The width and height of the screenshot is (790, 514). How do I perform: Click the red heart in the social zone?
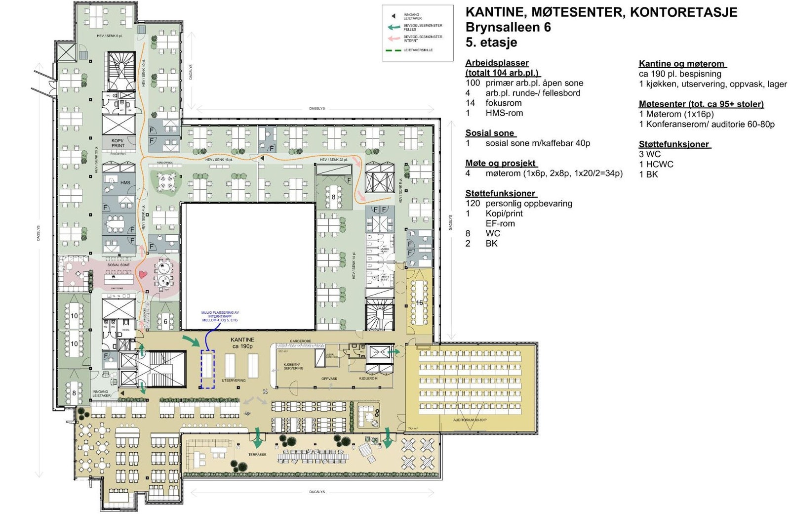(143, 274)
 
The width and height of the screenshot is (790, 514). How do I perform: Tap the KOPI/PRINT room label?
(118, 143)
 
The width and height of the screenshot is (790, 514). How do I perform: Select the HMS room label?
(125, 182)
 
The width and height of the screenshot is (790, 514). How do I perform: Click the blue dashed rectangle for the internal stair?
(207, 369)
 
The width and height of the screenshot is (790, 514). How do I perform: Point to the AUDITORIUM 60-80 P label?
(470, 420)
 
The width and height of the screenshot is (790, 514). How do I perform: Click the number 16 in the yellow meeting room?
(419, 302)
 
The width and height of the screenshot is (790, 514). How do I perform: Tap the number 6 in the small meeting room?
(165, 322)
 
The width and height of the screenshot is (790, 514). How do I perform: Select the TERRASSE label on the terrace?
(257, 454)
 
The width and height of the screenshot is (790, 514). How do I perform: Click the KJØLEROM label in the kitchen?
(368, 379)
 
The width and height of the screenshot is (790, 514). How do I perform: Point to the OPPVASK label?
(329, 379)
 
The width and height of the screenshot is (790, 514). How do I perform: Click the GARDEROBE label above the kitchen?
(300, 341)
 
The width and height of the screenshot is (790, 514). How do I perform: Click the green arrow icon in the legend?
(394, 28)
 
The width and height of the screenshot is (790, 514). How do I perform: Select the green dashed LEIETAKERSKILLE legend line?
(394, 50)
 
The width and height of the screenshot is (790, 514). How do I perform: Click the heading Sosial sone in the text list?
(490, 133)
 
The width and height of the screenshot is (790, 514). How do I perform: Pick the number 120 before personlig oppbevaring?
(473, 203)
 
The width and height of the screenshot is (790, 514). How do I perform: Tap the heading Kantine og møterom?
(681, 64)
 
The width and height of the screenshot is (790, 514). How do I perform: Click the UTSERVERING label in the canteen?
(234, 380)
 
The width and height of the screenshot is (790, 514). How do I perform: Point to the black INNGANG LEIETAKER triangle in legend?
(394, 16)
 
